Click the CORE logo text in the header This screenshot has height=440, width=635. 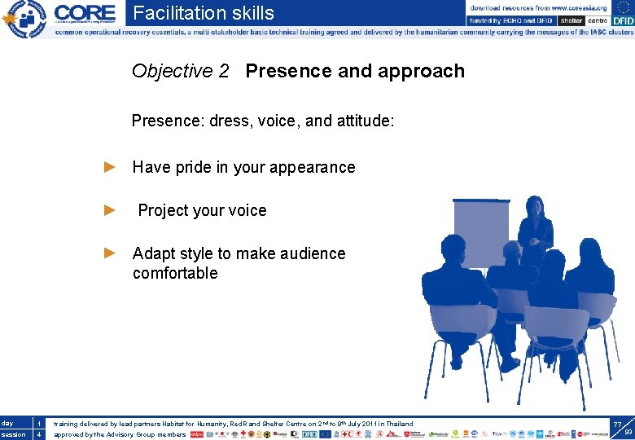(x=85, y=14)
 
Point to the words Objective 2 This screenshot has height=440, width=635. (x=180, y=71)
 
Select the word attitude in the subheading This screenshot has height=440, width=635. (x=363, y=121)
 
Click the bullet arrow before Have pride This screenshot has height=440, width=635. (x=111, y=167)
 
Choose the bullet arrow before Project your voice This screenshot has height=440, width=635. (x=111, y=210)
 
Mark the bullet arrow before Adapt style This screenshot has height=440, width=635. (x=111, y=253)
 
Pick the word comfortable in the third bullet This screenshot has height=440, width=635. (x=175, y=273)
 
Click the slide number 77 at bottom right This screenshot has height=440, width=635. (x=617, y=425)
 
